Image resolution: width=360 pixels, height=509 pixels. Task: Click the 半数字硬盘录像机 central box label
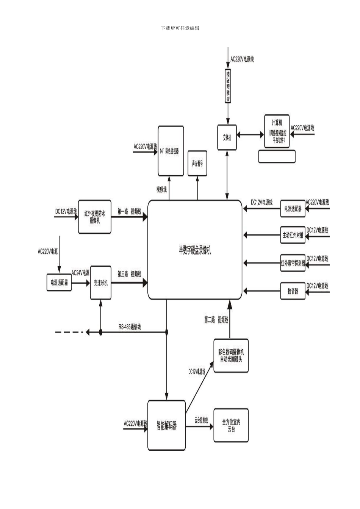195,250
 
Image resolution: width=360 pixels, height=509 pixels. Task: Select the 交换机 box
227,137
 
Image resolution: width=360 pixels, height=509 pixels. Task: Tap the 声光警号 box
197,164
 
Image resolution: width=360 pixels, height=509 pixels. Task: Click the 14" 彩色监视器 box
171,151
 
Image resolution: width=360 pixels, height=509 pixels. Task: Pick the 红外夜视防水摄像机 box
95,217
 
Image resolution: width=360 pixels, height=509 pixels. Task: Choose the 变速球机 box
101,283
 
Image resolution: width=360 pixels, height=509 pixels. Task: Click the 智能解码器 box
167,425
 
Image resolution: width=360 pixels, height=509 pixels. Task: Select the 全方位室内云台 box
231,425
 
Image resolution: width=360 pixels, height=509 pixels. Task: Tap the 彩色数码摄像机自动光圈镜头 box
231,356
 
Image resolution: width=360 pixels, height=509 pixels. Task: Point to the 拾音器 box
293,291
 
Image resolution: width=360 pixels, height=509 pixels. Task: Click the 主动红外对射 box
293,235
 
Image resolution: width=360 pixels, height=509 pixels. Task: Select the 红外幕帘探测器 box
293,263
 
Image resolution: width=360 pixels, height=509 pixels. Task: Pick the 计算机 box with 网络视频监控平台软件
277,131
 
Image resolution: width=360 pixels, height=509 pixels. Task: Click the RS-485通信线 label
130,327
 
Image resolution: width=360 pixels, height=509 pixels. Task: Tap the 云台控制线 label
201,420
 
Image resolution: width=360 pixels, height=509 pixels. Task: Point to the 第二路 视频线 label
216,320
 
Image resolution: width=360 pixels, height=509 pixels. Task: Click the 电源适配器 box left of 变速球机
59,283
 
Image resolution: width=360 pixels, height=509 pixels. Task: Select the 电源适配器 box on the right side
293,209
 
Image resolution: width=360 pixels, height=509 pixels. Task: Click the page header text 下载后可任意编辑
180,28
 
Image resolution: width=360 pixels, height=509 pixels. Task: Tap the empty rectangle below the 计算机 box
277,156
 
